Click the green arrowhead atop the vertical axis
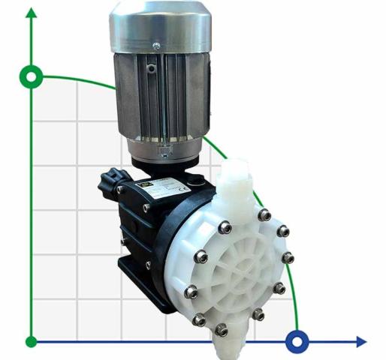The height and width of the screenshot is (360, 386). [x=31, y=13]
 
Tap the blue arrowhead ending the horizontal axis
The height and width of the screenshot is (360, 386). [x=361, y=342]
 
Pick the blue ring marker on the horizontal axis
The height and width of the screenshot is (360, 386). [x=298, y=342]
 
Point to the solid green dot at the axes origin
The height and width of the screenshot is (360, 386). [x=31, y=342]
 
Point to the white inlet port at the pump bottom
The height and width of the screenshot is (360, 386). [x=225, y=344]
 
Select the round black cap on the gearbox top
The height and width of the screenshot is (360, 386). [x=198, y=180]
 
